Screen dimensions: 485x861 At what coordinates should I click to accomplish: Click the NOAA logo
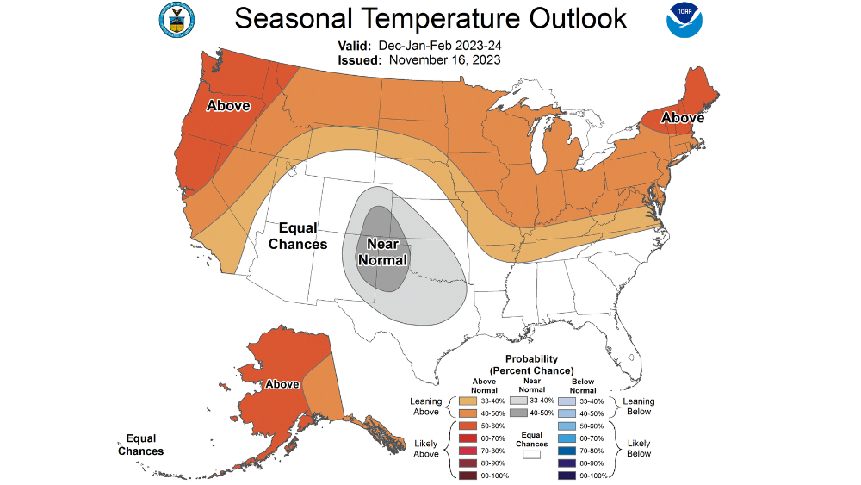click(684, 22)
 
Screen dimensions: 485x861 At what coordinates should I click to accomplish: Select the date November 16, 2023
click(444, 60)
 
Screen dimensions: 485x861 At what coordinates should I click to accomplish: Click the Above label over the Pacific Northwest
click(227, 106)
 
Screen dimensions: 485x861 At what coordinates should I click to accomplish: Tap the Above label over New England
click(682, 118)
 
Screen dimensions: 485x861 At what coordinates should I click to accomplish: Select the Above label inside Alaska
click(282, 384)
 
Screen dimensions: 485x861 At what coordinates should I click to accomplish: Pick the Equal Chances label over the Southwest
click(298, 236)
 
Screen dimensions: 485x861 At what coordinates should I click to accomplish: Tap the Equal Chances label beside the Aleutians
click(140, 445)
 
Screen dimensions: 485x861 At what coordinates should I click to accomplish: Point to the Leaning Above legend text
click(426, 407)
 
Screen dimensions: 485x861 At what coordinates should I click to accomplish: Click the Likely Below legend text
click(638, 448)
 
